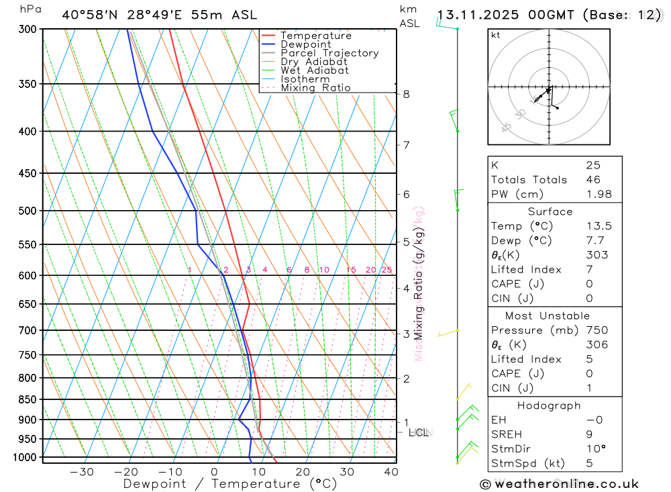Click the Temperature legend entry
tap(315, 36)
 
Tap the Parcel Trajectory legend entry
tap(329, 53)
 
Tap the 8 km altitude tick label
tap(406, 94)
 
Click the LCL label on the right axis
tap(419, 433)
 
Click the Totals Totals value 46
tap(592, 179)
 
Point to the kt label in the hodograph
tap(496, 35)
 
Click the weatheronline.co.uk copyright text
tap(559, 484)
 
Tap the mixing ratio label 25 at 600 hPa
tap(386, 270)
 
